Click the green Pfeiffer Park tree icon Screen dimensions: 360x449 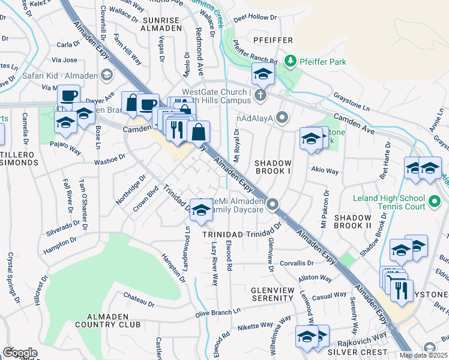[x=291, y=61]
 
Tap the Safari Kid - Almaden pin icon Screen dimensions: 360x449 [x=106, y=74]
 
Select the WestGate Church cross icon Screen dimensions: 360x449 [x=260, y=95]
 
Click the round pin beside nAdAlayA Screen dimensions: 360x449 [x=282, y=118]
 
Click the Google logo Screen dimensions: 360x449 [x=20, y=352]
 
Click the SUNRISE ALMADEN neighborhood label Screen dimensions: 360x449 [x=161, y=24]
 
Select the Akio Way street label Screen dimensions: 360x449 [x=324, y=170]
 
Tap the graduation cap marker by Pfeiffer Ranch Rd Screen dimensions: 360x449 [x=262, y=74]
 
